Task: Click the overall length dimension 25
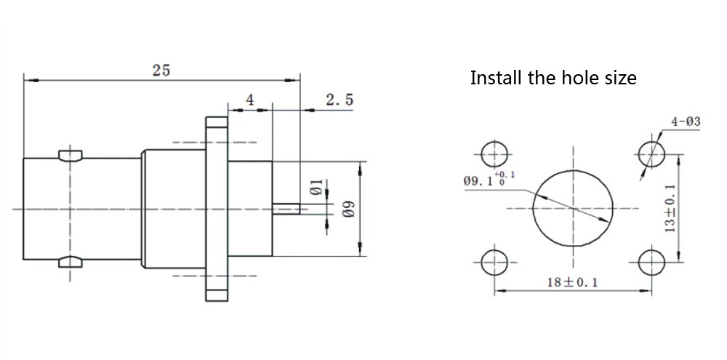point(161,70)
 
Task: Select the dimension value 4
point(249,100)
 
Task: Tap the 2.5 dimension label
point(339,100)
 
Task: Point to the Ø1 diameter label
point(316,188)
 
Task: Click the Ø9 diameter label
point(348,210)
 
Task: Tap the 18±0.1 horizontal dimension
point(571,282)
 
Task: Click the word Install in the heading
point(497,78)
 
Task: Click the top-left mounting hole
point(495,153)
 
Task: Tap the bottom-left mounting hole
point(495,262)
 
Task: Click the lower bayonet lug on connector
point(71,261)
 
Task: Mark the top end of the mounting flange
point(216,124)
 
